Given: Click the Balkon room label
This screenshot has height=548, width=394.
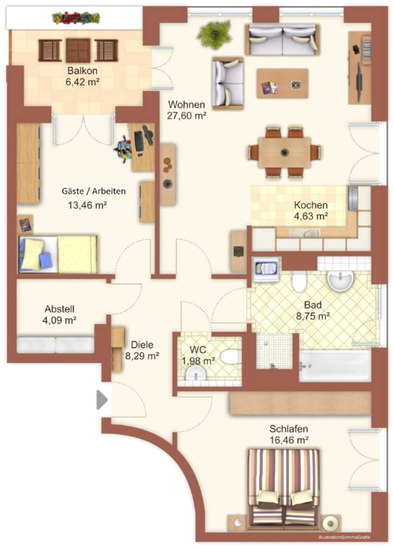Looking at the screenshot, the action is [82, 71].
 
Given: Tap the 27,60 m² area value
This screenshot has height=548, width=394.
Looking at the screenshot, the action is [187, 115].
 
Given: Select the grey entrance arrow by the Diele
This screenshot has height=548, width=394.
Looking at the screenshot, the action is [102, 400].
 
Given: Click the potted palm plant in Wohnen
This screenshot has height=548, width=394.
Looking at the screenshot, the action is [214, 35].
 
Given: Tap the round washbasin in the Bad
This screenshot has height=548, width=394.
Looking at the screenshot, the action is [340, 281].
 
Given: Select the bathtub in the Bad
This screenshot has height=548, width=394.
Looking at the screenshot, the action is [335, 366].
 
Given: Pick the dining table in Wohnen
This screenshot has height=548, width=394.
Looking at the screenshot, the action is [284, 153].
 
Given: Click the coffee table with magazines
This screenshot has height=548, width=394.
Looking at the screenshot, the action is [282, 84].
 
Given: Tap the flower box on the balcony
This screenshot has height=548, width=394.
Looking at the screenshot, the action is [76, 18].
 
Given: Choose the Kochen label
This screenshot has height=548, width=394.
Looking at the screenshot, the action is [310, 205].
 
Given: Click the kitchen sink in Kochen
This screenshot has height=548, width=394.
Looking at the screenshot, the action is [304, 233].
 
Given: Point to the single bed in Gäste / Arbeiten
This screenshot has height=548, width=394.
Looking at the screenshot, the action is [58, 254].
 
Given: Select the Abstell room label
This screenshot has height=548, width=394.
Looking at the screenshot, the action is [60, 309].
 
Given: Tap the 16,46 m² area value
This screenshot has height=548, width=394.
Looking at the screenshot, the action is [289, 440].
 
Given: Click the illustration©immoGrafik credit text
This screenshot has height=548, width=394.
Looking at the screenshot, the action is [344, 537].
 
